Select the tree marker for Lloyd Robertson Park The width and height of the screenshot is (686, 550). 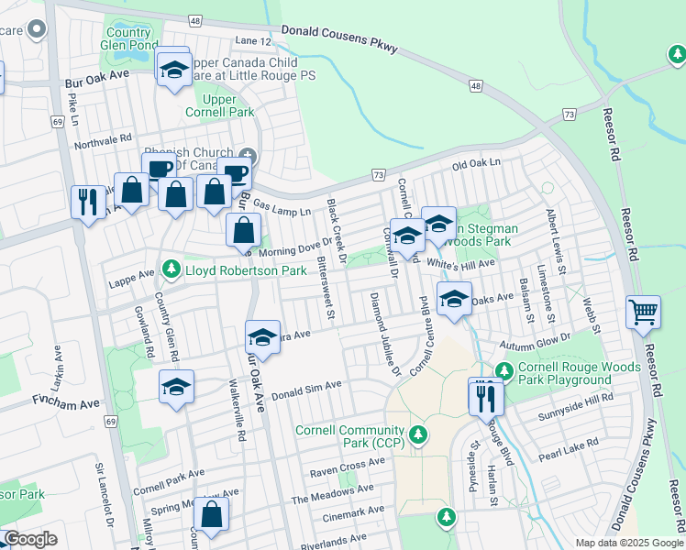[170, 270]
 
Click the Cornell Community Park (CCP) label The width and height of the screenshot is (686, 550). [349, 437]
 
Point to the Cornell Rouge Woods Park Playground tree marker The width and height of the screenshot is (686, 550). [503, 371]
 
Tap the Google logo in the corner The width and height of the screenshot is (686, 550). [30, 540]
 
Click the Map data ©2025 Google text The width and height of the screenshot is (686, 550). [629, 543]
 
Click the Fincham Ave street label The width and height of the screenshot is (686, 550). [65, 401]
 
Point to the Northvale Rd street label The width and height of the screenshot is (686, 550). [104, 140]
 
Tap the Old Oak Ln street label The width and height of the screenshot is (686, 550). [477, 162]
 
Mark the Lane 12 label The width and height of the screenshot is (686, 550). [254, 41]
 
